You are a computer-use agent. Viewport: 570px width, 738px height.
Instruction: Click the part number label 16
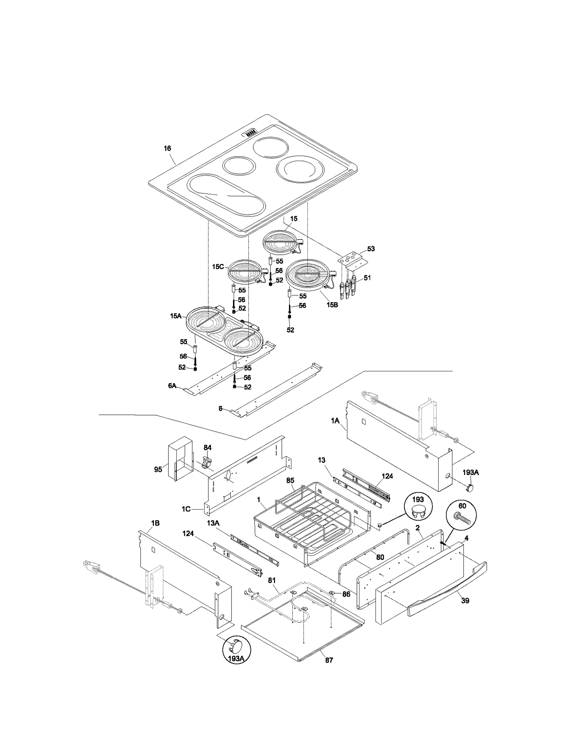[x=167, y=149]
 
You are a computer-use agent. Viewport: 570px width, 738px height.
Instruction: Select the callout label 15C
[x=218, y=267]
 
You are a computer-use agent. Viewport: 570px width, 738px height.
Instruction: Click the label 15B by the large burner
[x=332, y=305]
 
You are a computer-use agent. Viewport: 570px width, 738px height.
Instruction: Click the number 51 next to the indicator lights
[x=367, y=278]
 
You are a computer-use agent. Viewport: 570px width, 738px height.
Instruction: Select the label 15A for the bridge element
[x=176, y=316]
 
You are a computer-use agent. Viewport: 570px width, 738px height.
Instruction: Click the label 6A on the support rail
[x=172, y=386]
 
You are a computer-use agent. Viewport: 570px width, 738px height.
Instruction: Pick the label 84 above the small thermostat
[x=207, y=448]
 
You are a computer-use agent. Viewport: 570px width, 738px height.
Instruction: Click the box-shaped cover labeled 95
[x=180, y=459]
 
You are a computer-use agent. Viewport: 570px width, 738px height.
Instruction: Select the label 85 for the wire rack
[x=290, y=480]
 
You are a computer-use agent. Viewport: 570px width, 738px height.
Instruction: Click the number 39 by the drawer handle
[x=465, y=600]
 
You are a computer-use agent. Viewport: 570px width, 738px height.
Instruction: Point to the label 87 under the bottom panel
[x=329, y=660]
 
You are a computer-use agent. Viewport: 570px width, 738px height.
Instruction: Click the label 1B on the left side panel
[x=155, y=523]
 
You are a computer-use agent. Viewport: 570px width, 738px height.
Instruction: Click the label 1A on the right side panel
[x=335, y=421]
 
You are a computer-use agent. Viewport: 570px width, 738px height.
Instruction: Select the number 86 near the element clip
[x=346, y=594]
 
